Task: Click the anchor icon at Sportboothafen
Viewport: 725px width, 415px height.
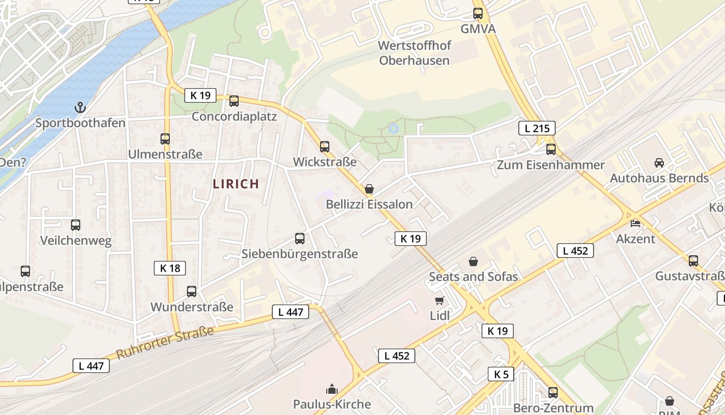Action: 80,107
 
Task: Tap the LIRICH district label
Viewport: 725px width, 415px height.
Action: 236,184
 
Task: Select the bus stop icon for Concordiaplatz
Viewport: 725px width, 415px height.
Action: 234,101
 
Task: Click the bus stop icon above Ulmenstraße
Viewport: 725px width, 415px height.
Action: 165,139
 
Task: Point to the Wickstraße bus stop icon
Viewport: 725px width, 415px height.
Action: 325,147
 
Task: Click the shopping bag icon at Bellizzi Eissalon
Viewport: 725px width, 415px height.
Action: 369,189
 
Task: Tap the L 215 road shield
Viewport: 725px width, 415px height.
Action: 536,128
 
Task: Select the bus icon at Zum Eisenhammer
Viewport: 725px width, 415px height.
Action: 551,149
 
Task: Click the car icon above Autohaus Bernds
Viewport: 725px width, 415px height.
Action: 659,163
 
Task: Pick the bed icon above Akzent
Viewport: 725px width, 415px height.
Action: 635,224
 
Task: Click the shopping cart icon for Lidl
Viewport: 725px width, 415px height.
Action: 440,300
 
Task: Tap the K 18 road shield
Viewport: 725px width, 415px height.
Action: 170,268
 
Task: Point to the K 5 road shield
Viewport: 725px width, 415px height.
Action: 501,374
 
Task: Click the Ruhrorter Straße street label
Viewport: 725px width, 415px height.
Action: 165,343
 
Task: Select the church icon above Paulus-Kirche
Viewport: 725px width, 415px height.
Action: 332,389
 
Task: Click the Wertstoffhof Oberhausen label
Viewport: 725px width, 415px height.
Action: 414,53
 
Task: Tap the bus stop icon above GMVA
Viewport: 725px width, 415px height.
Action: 478,13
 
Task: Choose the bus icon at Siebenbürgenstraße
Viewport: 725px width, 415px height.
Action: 300,239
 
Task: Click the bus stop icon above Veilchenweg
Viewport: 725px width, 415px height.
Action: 76,225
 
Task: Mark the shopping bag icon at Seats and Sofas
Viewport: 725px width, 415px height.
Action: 473,261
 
